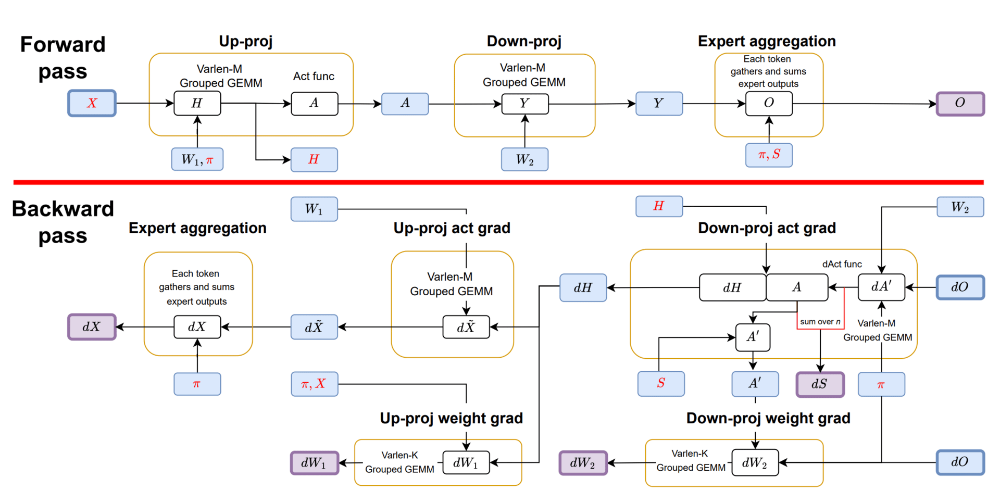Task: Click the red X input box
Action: (x=92, y=103)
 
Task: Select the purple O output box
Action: (x=960, y=103)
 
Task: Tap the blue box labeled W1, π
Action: (x=197, y=159)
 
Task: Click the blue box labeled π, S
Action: (x=769, y=155)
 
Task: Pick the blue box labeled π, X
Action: (x=314, y=384)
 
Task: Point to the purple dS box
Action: (x=820, y=384)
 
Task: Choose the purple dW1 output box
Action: (x=314, y=463)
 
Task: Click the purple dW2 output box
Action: (x=583, y=463)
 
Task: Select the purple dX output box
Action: (x=92, y=327)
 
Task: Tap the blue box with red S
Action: (x=661, y=384)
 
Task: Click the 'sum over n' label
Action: (x=820, y=322)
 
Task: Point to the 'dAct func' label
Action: (x=842, y=264)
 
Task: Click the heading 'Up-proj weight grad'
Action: (x=451, y=418)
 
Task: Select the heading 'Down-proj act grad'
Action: (x=767, y=228)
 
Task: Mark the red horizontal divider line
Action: (x=498, y=182)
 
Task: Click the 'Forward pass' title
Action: (x=63, y=58)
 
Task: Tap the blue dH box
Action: (x=583, y=287)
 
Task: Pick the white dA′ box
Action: (x=881, y=287)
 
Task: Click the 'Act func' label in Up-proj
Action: (x=314, y=77)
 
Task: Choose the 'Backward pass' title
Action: (x=63, y=222)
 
